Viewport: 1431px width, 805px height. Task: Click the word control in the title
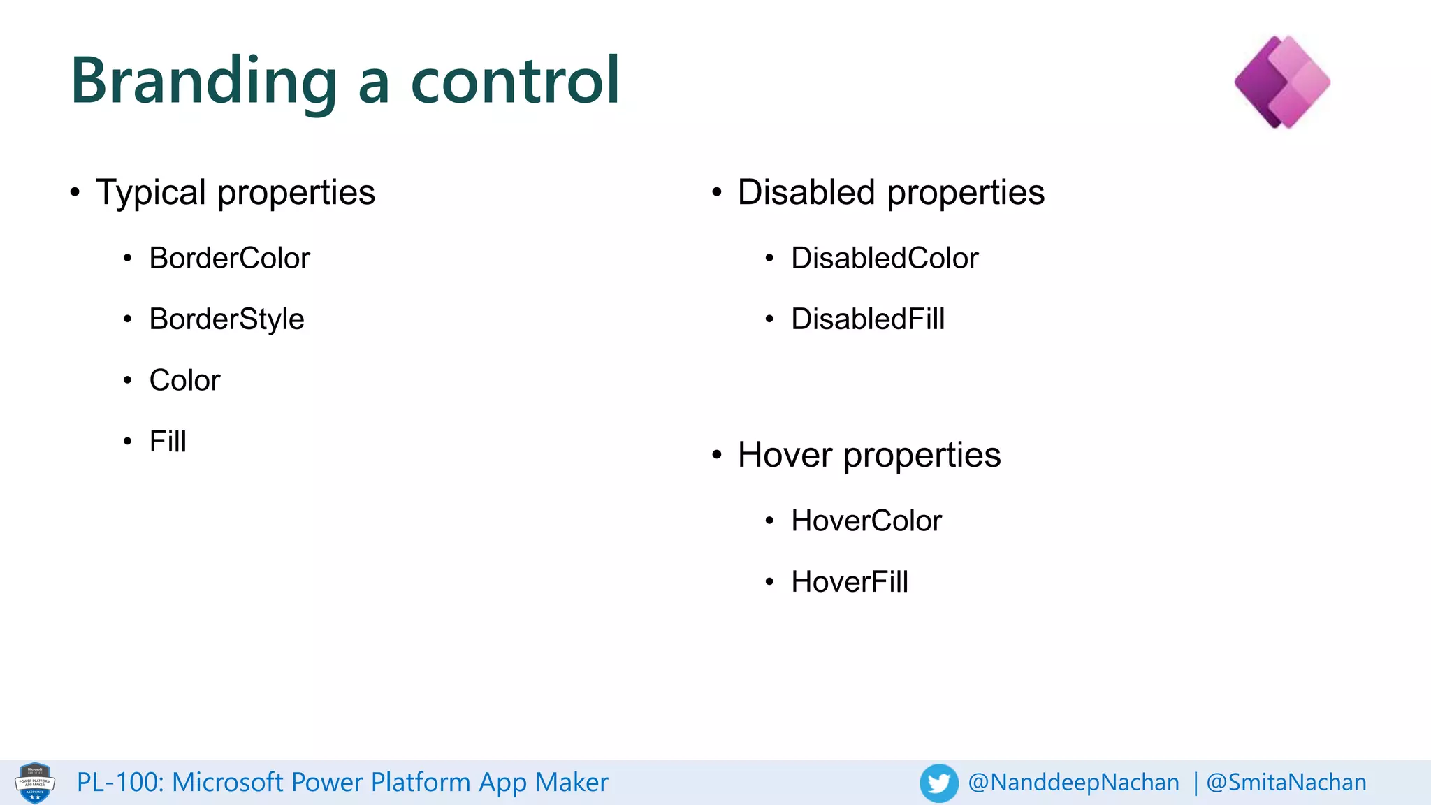click(515, 81)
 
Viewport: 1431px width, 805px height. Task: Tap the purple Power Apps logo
click(1282, 82)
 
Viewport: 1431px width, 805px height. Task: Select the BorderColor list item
click(229, 259)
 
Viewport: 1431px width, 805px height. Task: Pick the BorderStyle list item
click(226, 319)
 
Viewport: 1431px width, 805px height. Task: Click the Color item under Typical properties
click(184, 381)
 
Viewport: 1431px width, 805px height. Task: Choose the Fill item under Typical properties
click(168, 442)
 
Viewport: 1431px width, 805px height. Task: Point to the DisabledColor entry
click(885, 259)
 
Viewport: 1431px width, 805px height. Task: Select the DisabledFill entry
click(868, 319)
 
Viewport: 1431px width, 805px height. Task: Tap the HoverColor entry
click(866, 521)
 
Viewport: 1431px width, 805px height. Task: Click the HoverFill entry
click(850, 582)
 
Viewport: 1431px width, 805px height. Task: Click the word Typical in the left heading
click(151, 193)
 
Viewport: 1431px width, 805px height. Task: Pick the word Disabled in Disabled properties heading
click(806, 193)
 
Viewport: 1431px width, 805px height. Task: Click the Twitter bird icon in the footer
click(938, 783)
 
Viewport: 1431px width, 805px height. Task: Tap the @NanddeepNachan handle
click(1073, 783)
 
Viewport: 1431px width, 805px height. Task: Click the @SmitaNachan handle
click(1286, 783)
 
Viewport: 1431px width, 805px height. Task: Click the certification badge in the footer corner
click(35, 783)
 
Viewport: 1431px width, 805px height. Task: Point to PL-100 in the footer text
click(119, 783)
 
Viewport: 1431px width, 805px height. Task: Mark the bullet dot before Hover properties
click(716, 456)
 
